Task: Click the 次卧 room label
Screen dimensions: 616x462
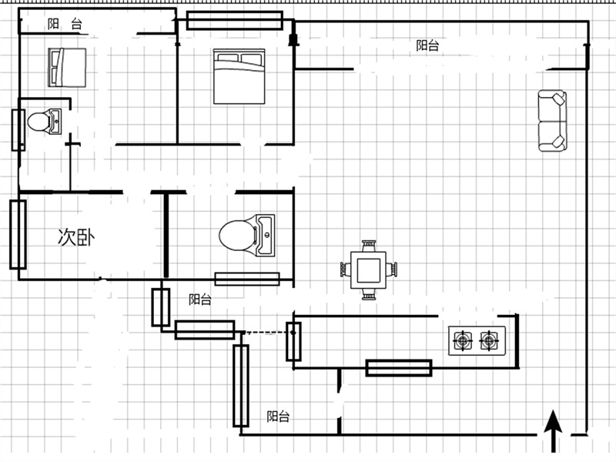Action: click(x=76, y=237)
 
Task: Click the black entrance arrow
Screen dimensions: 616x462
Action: click(x=553, y=431)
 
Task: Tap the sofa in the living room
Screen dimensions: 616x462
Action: click(x=552, y=121)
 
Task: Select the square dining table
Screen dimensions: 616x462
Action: click(x=368, y=270)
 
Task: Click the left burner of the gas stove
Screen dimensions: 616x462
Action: click(x=464, y=340)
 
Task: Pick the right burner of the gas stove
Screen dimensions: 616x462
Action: click(x=489, y=340)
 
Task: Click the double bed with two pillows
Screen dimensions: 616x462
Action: click(x=239, y=76)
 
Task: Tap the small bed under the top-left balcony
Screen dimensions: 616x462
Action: click(x=67, y=67)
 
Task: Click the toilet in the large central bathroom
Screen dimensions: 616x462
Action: click(x=247, y=236)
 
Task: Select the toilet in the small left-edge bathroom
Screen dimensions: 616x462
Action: click(x=45, y=122)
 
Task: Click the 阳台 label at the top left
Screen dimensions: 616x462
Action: click(x=65, y=24)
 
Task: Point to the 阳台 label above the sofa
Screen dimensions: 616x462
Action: click(x=427, y=45)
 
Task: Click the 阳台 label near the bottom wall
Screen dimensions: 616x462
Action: click(x=278, y=416)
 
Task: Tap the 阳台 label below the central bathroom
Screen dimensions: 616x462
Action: click(x=200, y=300)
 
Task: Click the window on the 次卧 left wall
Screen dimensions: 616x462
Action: click(x=18, y=235)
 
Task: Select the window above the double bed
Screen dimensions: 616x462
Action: click(x=235, y=21)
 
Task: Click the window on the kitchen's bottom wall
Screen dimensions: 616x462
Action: click(x=399, y=368)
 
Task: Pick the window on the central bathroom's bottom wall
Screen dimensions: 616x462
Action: click(x=247, y=279)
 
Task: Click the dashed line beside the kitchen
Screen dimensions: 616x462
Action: click(x=268, y=333)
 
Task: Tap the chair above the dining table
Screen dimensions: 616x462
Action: click(x=369, y=246)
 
